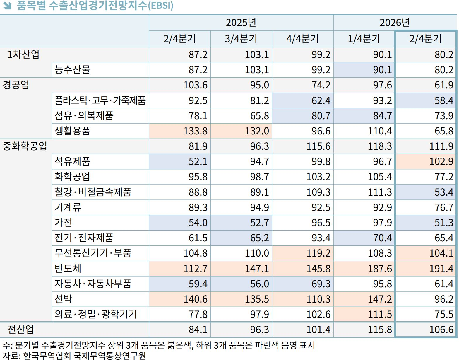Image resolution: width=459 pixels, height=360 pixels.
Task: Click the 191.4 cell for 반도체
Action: coord(441,269)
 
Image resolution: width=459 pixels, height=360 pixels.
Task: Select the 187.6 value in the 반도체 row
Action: coord(380,269)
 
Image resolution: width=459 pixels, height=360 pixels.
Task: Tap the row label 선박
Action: coord(63,299)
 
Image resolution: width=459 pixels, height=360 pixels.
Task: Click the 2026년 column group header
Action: coord(394,23)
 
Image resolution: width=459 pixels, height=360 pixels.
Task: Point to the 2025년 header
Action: coord(241,23)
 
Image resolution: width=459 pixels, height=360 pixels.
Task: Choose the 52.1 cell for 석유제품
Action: coord(198,161)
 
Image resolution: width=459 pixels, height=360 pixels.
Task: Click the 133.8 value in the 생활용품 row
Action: coord(195,131)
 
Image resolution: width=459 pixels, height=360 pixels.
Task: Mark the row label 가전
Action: coord(63,223)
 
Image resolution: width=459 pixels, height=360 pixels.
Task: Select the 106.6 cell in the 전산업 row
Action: coord(441,330)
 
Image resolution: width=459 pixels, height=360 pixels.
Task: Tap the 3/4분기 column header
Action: coord(241,39)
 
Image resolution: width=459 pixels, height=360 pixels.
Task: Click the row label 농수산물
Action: coord(72,70)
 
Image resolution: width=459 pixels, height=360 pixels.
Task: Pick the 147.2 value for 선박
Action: coord(380,299)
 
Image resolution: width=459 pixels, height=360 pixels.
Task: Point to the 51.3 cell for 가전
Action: coord(443,223)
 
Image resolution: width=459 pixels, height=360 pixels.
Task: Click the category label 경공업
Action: coord(16,85)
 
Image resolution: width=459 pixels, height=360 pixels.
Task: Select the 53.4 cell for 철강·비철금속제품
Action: coord(443,192)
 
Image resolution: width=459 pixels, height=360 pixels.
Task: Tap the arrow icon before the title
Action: coord(7,6)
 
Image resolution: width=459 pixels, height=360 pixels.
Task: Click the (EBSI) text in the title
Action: coord(160,6)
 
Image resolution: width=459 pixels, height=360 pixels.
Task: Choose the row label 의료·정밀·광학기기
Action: coord(96,314)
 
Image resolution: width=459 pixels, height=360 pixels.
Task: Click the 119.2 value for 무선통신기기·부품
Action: coord(318,253)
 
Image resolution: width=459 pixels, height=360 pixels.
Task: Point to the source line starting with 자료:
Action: coord(74,355)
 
